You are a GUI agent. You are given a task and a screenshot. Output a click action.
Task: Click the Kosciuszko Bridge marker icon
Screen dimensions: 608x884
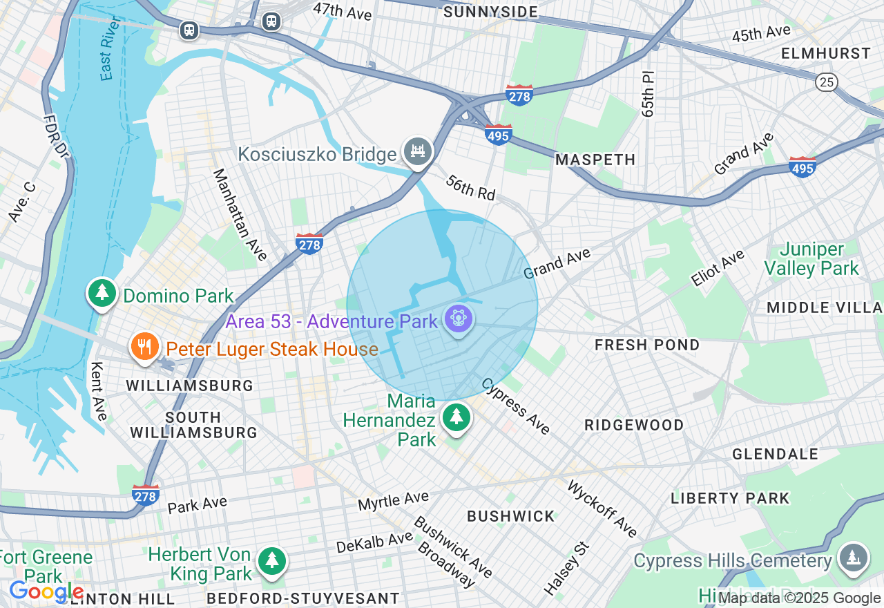(x=418, y=151)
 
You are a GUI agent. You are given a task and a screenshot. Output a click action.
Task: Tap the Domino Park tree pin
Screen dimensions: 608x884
(x=102, y=293)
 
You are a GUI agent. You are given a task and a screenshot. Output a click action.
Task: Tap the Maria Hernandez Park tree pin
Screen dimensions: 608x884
(x=456, y=417)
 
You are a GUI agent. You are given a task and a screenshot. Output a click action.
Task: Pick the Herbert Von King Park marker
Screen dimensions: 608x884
(x=272, y=560)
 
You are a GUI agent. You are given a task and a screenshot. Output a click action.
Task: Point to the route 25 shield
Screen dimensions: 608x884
(x=827, y=82)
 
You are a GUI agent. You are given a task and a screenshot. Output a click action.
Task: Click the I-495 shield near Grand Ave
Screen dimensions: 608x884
(x=803, y=167)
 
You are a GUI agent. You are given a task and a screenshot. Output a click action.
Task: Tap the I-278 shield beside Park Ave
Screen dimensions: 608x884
(x=146, y=495)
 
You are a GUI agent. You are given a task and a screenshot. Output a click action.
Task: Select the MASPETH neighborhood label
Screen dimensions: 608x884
(x=595, y=160)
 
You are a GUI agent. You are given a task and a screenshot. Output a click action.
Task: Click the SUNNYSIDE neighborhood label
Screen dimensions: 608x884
(x=490, y=12)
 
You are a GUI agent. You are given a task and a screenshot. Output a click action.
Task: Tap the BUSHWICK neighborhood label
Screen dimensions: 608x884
(x=510, y=516)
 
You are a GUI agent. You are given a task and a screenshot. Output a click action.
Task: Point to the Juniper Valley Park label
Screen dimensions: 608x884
(x=812, y=258)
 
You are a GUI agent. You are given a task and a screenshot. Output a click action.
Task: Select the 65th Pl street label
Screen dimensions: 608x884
(x=647, y=93)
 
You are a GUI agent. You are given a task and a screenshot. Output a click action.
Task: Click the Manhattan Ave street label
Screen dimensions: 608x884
(x=240, y=214)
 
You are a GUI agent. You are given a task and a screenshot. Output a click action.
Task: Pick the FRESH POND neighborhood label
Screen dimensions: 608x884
(x=647, y=345)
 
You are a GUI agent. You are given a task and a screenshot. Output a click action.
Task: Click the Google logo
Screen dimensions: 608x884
(x=46, y=592)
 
